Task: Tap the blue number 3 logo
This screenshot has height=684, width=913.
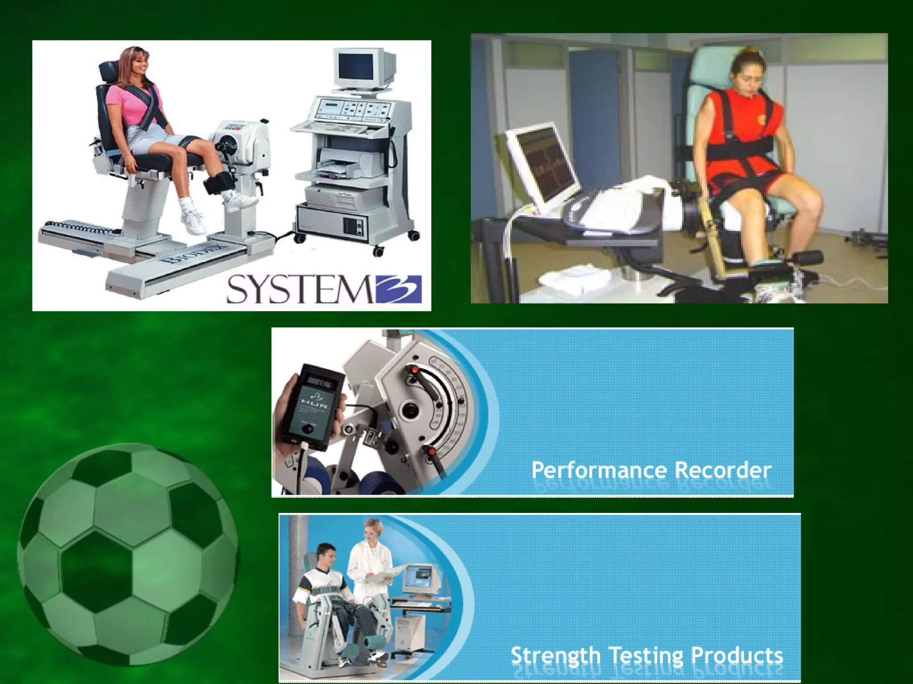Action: pos(398,289)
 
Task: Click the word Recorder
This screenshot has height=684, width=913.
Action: pos(723,470)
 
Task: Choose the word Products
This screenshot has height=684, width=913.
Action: pos(737,655)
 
